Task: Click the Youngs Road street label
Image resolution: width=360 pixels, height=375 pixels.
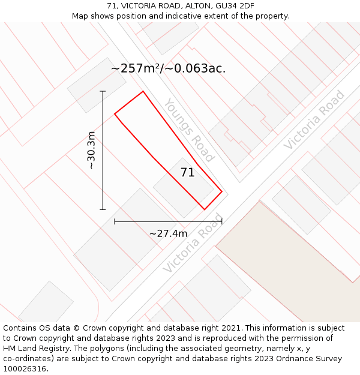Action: (189, 130)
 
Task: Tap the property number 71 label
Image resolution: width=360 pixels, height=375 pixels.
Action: (187, 173)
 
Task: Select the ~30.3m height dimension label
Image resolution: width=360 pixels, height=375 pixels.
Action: (91, 150)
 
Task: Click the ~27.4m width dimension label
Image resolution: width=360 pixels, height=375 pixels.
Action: (168, 233)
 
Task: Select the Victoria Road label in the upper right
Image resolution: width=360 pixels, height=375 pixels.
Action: (314, 120)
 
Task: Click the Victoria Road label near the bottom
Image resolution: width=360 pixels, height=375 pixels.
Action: (193, 243)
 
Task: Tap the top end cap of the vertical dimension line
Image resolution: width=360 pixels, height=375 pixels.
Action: (103, 91)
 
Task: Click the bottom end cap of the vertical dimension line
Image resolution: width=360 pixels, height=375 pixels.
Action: (103, 209)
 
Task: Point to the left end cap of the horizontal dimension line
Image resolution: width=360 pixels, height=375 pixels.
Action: (115, 221)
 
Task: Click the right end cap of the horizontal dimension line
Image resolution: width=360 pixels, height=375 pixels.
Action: (221, 221)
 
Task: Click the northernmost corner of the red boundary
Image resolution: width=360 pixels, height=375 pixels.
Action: (143, 91)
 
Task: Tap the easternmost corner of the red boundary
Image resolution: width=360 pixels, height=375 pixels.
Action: (221, 192)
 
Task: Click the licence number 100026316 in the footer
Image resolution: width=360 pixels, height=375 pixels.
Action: (25, 368)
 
